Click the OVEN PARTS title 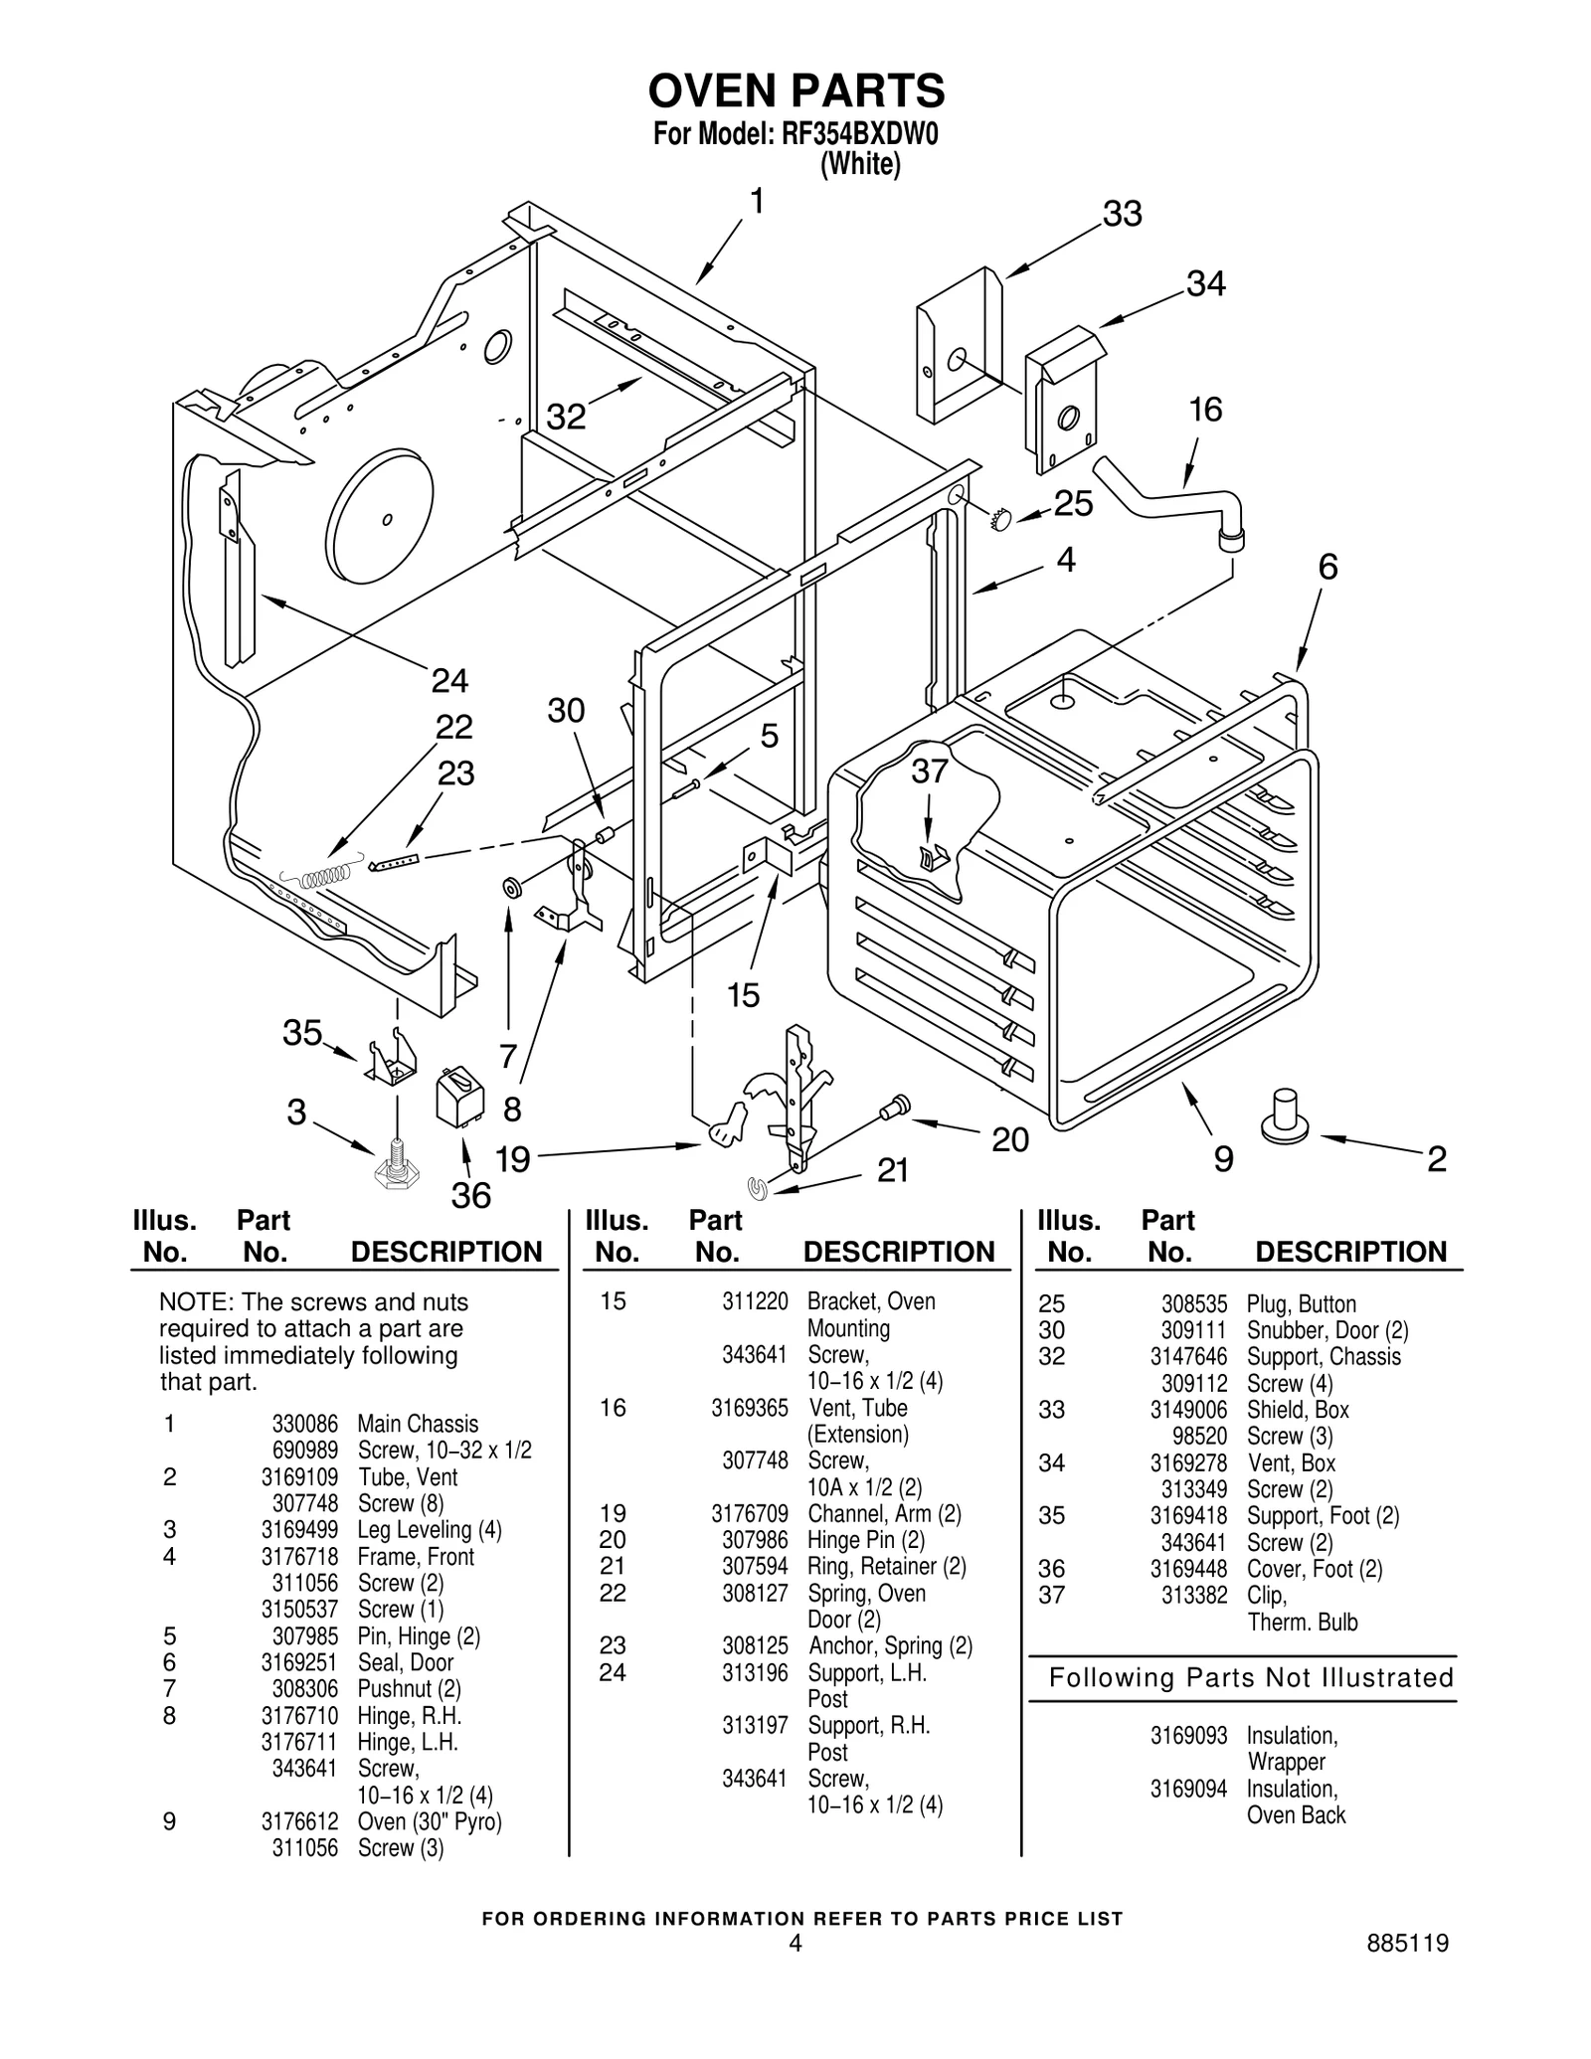[x=795, y=91]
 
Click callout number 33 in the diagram [x=1122, y=214]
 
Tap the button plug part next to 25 [x=1000, y=518]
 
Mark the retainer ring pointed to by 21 [x=759, y=1186]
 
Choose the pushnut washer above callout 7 [x=510, y=887]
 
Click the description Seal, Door [x=405, y=1662]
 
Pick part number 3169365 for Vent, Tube [x=749, y=1408]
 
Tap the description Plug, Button [x=1301, y=1304]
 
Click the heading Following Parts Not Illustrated [x=1251, y=1678]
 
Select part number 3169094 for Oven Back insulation [x=1188, y=1789]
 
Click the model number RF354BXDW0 [x=859, y=134]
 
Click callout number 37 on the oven [x=929, y=772]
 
